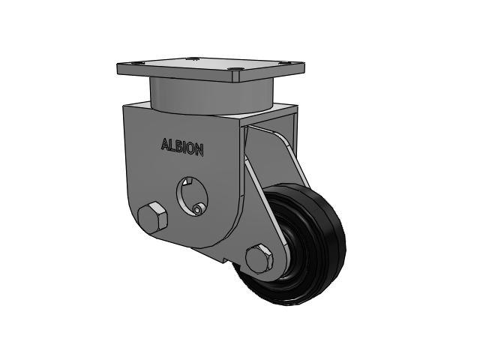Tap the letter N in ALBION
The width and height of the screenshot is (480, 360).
pos(199,150)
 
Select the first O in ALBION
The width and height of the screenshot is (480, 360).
pos(189,148)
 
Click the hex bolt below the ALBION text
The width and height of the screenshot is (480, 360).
pos(153,217)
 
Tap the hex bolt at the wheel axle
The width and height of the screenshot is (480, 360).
pos(259,258)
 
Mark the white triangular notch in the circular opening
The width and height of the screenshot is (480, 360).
pos(186,181)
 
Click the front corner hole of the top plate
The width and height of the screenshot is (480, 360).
pos(235,71)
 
